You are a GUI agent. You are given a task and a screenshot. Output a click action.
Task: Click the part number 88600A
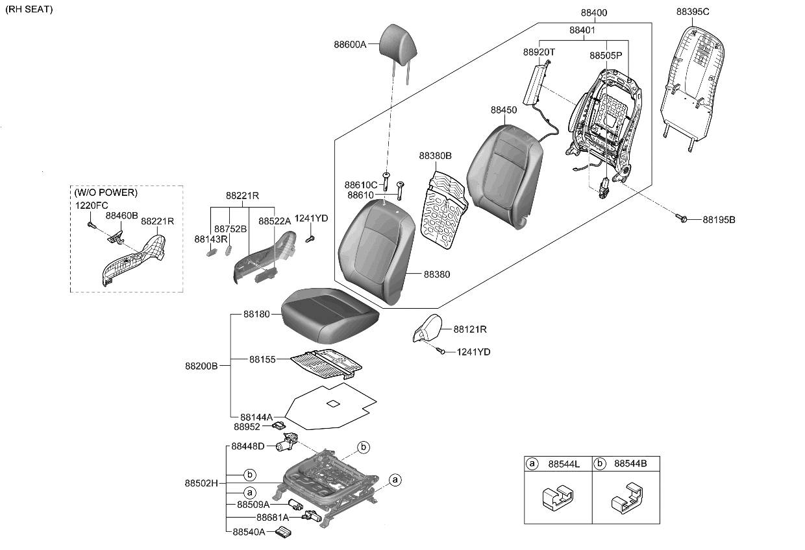350,45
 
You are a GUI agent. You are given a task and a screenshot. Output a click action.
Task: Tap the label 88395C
693,12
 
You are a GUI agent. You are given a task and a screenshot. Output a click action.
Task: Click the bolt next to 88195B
682,219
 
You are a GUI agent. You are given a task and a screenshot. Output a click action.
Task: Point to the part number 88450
504,110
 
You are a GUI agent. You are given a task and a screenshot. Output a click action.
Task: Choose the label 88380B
435,156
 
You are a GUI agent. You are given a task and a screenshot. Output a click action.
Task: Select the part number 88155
263,359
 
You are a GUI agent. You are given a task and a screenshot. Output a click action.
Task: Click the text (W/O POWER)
106,193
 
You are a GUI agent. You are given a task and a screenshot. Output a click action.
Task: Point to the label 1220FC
91,205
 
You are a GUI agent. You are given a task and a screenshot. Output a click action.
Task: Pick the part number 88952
247,427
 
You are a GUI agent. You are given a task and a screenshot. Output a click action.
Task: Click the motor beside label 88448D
285,444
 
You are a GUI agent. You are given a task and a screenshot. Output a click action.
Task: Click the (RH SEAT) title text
29,9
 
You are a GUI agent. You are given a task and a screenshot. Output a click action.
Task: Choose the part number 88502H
201,483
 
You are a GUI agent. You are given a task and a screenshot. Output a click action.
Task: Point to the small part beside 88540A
283,532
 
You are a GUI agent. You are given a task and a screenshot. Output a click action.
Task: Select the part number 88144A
256,416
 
